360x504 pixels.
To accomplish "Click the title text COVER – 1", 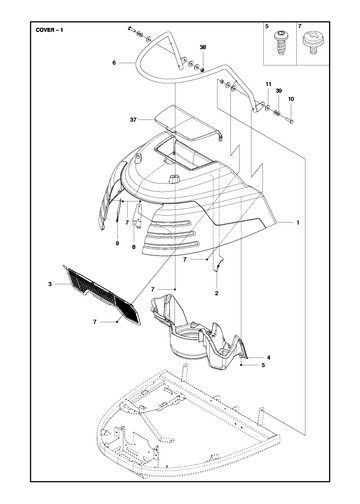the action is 49,30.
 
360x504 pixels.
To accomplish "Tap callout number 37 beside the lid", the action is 133,120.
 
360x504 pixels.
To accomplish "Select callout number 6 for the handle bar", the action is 114,62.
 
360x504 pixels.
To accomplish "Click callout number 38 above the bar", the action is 203,47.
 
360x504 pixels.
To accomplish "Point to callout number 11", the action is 268,84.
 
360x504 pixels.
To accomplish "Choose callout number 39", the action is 279,91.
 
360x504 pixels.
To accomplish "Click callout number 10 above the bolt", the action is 291,99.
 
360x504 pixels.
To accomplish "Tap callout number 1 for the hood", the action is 298,222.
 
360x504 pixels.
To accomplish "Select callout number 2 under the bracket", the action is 216,293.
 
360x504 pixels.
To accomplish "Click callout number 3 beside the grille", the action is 50,284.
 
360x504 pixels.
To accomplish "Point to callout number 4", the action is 269,358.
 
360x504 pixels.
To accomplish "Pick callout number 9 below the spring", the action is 117,243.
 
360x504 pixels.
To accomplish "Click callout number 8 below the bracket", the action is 134,247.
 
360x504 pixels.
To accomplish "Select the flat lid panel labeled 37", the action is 187,124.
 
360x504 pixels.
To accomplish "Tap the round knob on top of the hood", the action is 174,179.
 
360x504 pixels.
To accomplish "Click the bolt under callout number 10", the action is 290,120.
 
